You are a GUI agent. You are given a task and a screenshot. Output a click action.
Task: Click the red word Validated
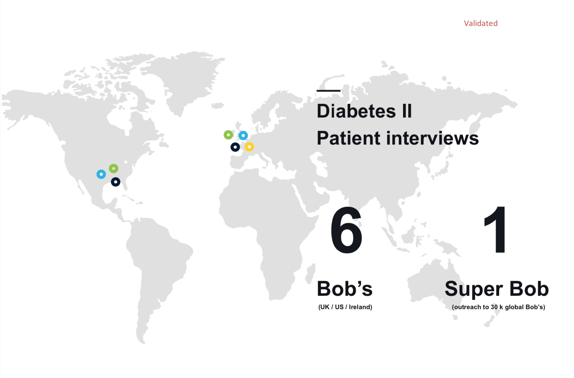[x=481, y=23]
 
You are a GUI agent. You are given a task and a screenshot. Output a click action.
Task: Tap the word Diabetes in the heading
[x=356, y=111]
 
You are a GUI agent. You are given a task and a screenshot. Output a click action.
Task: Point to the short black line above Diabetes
[x=328, y=91]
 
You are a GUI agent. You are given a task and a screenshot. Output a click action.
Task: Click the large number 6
[x=346, y=230]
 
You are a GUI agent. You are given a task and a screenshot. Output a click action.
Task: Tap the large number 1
[x=495, y=229]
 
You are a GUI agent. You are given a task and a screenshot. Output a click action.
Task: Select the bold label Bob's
[x=345, y=288]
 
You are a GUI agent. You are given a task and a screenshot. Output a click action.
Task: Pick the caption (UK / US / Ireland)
[x=345, y=307]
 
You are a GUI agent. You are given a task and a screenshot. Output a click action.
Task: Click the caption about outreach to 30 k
[x=498, y=307]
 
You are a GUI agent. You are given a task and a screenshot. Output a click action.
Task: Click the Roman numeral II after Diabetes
[x=407, y=111]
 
